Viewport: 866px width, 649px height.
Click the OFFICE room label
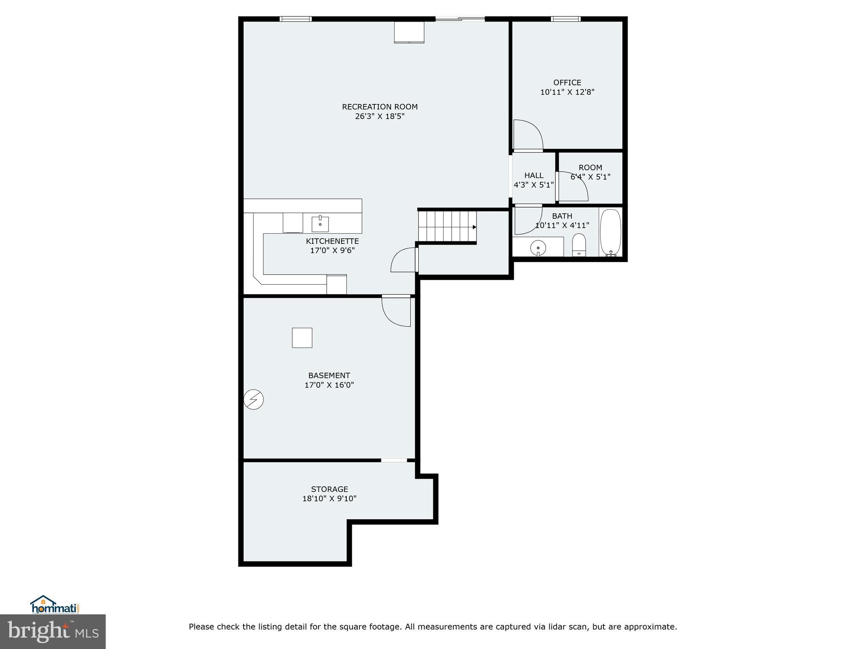point(567,83)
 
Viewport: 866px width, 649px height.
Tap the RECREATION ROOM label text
point(380,107)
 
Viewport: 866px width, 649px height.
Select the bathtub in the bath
point(610,232)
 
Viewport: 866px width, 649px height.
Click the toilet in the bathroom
point(579,245)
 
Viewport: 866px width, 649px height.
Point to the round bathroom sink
point(538,248)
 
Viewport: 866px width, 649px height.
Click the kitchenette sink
point(320,224)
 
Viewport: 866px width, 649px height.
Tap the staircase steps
point(446,226)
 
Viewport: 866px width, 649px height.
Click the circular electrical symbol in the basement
point(254,399)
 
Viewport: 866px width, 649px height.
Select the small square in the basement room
point(302,338)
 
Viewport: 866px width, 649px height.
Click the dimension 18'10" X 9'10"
point(329,499)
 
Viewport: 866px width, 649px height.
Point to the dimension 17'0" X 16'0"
point(329,385)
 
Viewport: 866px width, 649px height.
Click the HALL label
point(534,175)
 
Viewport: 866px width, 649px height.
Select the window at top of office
point(565,19)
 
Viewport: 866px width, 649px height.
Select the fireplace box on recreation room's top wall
point(409,32)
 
